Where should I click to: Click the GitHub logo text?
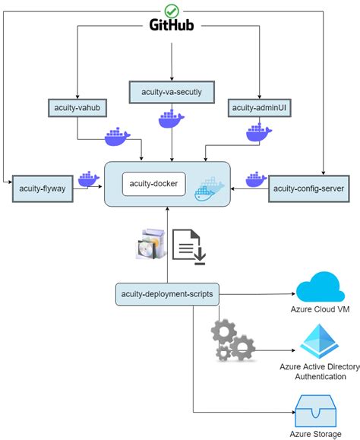coord(173,26)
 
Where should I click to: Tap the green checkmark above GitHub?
coord(172,9)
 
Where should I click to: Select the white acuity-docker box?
coord(154,184)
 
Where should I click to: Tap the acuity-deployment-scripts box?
coord(167,293)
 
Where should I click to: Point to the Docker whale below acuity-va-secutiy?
coord(170,119)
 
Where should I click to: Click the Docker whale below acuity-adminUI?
coord(258,134)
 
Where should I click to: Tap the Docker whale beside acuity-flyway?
coord(90,179)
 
